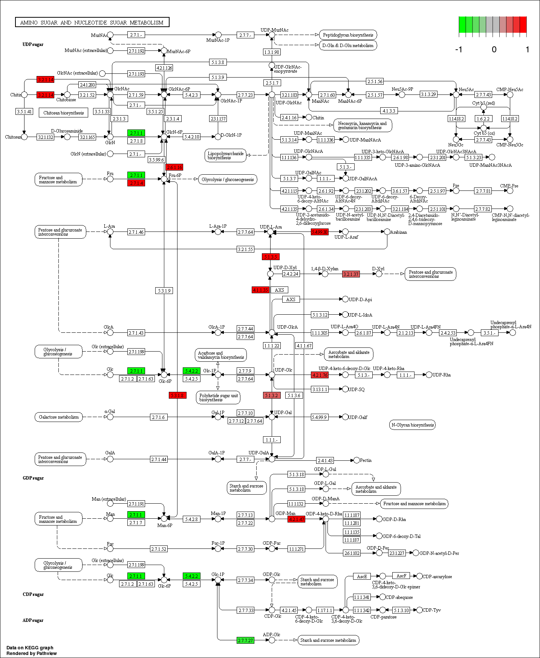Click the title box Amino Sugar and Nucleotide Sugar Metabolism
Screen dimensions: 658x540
(92, 23)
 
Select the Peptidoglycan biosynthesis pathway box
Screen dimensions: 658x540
(348, 35)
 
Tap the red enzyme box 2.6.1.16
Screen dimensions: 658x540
(174, 167)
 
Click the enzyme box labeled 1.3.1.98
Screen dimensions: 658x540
(272, 52)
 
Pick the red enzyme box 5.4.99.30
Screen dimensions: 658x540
(320, 232)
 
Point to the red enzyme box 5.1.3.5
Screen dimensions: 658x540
(271, 257)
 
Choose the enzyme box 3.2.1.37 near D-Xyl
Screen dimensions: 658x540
(351, 274)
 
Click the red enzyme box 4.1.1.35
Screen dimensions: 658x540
(260, 290)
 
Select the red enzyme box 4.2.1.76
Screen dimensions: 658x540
(320, 375)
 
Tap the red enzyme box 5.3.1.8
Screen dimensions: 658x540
(177, 395)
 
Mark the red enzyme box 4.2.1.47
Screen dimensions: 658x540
(296, 519)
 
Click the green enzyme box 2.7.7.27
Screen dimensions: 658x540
(245, 640)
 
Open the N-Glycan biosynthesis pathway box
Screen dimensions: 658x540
(412, 425)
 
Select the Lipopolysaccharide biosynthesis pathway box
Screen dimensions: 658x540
(225, 155)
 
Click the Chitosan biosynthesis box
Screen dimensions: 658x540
(63, 113)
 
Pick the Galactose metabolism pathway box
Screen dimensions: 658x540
(59, 417)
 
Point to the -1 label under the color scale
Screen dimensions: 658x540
(459, 49)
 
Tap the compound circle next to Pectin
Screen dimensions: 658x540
(356, 460)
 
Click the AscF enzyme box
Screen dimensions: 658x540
(401, 576)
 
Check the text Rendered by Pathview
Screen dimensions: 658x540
(32, 653)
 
